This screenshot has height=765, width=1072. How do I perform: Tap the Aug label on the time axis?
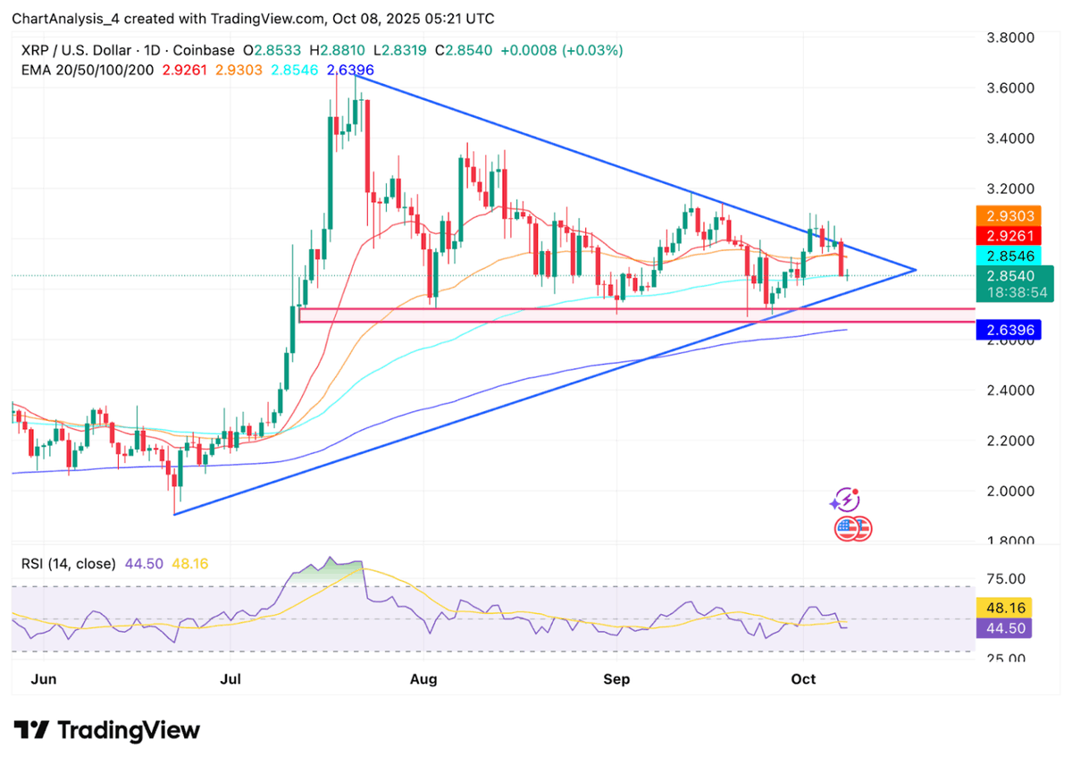coord(424,679)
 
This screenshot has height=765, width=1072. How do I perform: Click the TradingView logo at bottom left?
coord(106,730)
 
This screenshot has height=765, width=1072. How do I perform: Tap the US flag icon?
coord(853,528)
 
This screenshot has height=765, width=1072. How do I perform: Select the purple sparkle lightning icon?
coord(847,499)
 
